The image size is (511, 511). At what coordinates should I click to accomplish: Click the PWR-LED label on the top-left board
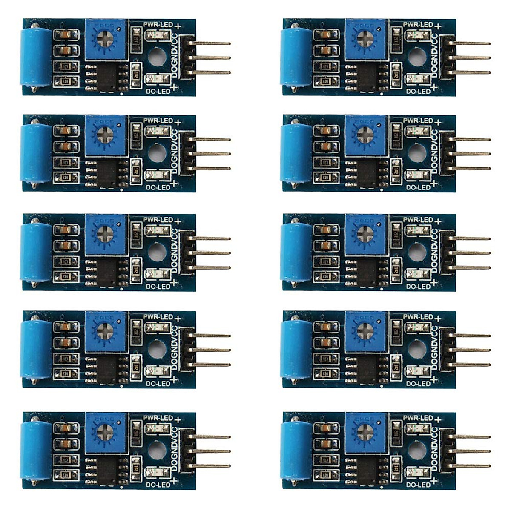[x=158, y=25]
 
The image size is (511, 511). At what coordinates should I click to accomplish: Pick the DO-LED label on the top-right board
[x=418, y=91]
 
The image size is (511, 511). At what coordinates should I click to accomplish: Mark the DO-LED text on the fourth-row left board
[x=158, y=384]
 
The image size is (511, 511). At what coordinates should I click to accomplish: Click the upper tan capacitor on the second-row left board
[x=66, y=130]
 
